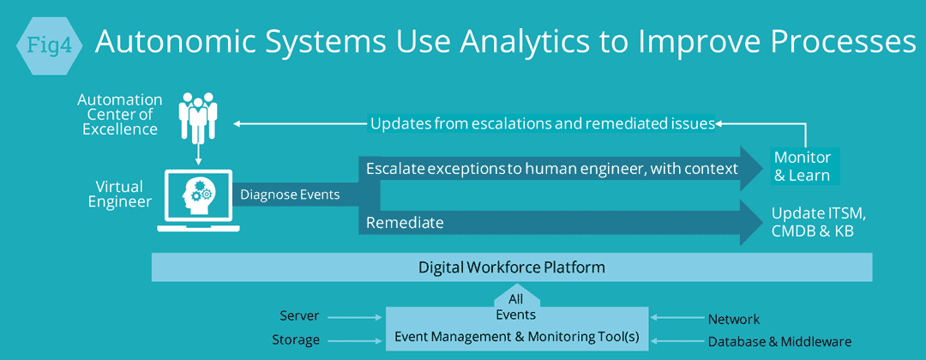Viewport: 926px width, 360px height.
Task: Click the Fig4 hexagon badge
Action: pos(51,46)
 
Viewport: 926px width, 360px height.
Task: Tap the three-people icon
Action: pos(198,117)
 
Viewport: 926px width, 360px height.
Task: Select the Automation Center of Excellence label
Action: pos(120,114)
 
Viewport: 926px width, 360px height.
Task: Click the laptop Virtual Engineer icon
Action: pos(198,199)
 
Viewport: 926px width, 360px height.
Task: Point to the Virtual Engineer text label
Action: pos(120,195)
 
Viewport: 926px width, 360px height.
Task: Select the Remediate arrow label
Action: pos(405,223)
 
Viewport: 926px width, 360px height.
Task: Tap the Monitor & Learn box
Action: pos(802,166)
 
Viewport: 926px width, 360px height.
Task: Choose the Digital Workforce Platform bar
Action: pos(512,267)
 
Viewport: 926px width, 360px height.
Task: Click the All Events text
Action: pos(516,307)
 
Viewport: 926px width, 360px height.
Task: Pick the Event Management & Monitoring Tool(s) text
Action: pos(517,337)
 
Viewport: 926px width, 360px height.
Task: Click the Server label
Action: pos(299,316)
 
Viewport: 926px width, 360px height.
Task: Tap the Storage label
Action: pos(296,340)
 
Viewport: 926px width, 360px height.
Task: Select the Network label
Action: pos(734,319)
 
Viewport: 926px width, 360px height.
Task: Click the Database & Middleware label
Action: pos(779,341)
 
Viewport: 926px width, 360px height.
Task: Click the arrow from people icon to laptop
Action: pos(198,154)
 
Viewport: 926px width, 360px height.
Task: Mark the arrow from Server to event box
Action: pos(354,317)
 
